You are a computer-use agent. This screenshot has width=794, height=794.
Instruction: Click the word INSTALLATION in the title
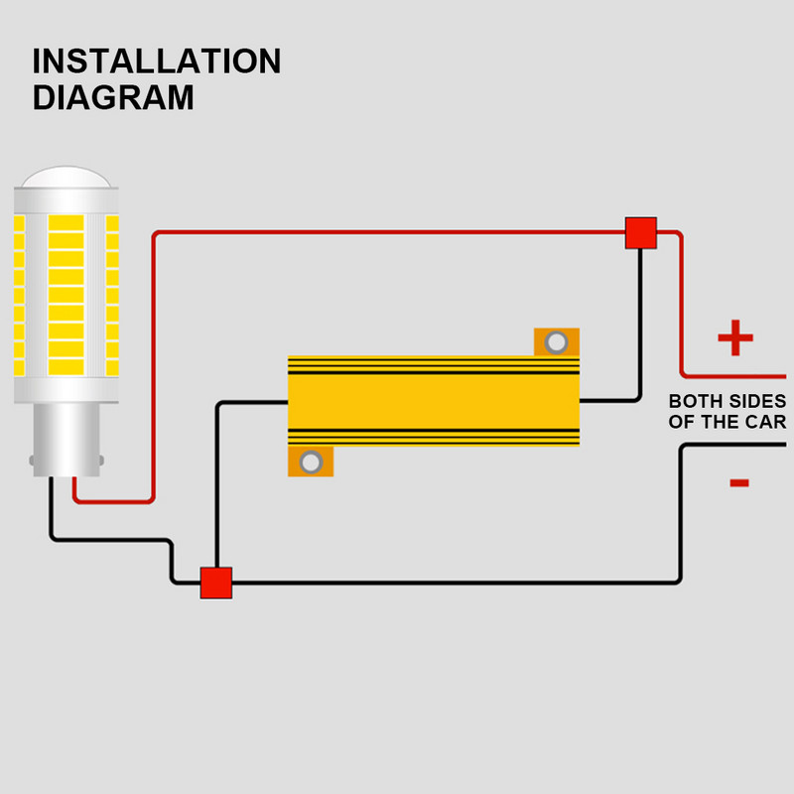coord(156,62)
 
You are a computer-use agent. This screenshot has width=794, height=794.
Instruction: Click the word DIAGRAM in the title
coord(112,98)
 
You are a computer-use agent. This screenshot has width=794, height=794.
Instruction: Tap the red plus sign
coord(735,338)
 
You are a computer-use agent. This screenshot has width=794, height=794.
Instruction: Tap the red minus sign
coord(738,483)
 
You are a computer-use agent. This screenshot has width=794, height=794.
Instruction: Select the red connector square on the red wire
coord(641,233)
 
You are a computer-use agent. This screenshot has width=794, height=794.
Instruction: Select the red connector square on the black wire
coord(215,583)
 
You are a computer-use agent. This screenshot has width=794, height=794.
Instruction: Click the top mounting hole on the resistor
coord(557,342)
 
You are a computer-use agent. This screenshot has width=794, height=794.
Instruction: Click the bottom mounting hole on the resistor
coord(311,462)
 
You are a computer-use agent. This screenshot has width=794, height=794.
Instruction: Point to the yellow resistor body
coord(433,402)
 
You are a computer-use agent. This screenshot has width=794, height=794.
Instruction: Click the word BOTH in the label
coord(694,402)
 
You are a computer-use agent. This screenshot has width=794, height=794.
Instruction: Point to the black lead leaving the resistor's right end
coord(607,401)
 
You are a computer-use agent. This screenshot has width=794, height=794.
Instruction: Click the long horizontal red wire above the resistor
coord(397,233)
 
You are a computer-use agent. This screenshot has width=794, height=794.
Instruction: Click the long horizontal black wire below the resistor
coord(447,583)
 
